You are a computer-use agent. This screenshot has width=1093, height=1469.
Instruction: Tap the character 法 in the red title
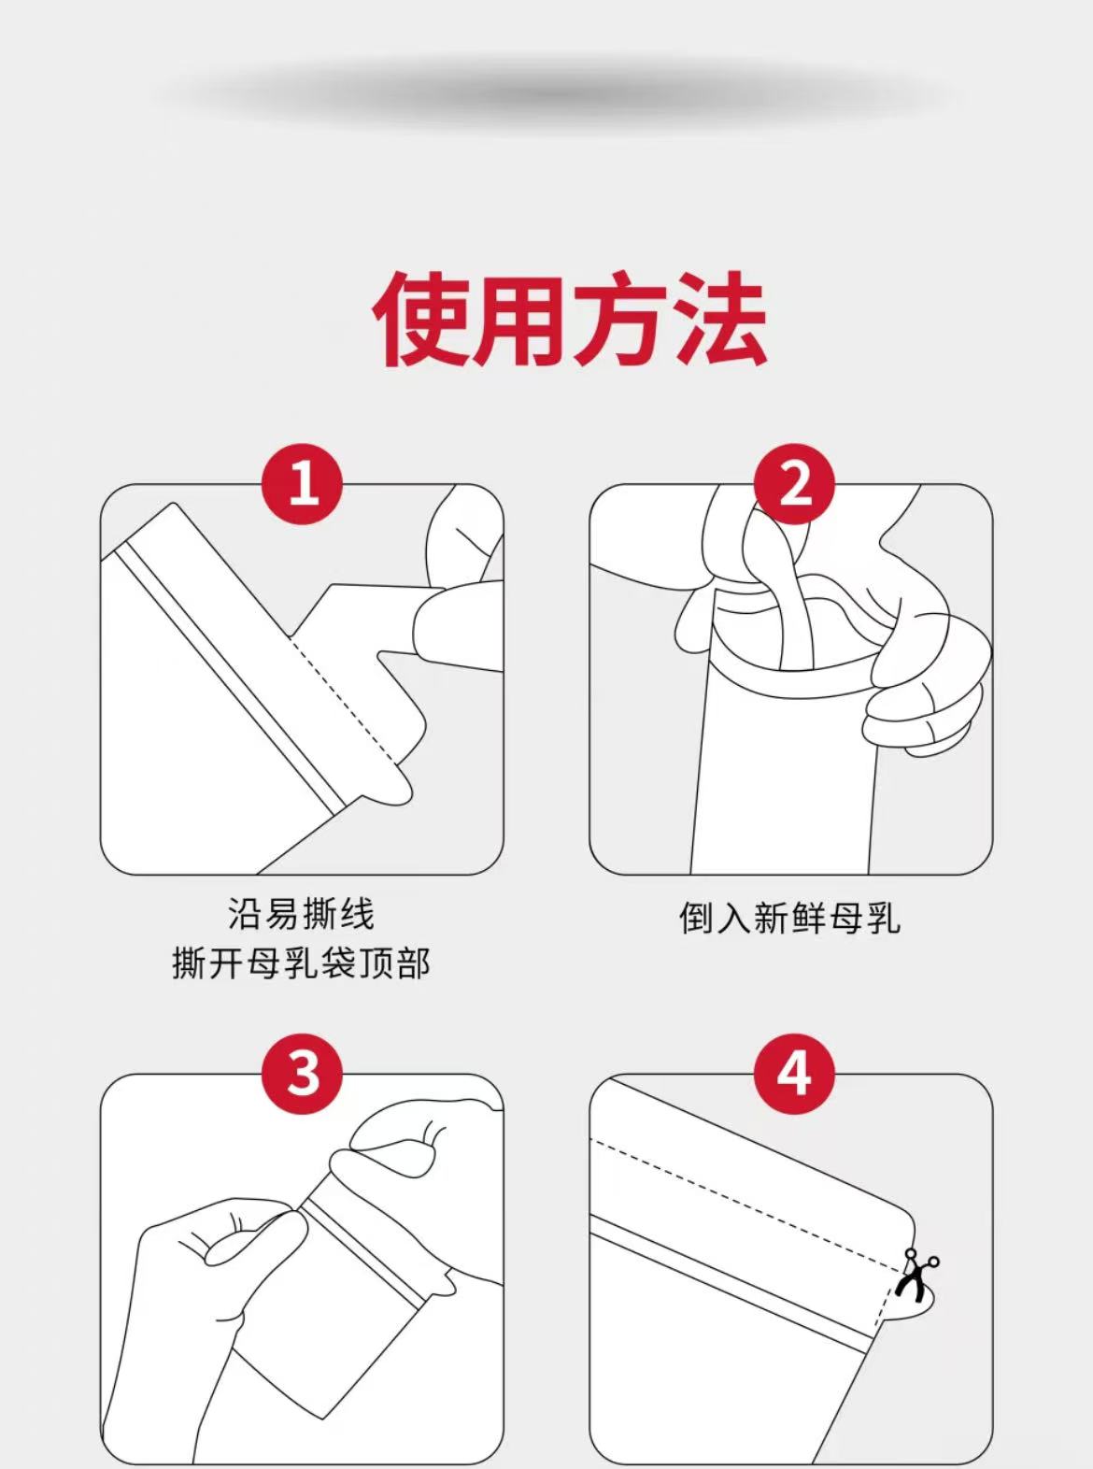[x=719, y=320]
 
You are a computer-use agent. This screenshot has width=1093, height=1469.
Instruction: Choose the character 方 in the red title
[x=619, y=320]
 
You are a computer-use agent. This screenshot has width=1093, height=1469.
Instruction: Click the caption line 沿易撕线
[x=301, y=914]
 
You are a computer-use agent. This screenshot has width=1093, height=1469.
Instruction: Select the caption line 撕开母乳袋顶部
[x=301, y=963]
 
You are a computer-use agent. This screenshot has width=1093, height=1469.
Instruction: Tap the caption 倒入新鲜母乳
[x=789, y=919]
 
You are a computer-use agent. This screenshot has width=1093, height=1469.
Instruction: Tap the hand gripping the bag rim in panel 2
[x=927, y=682]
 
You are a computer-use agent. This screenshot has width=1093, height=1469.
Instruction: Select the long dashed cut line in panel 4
[x=748, y=1205]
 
